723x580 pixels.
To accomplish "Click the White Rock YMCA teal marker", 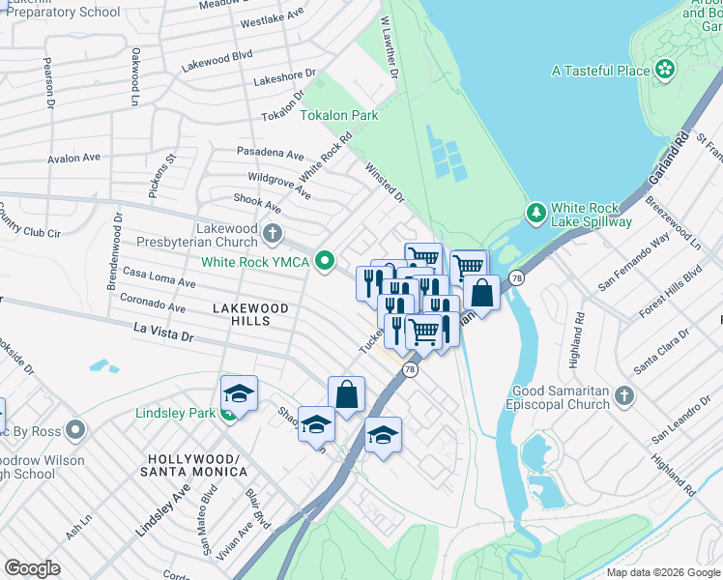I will pyautogui.click(x=326, y=261).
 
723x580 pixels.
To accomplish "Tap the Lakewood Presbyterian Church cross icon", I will pyautogui.click(x=274, y=233).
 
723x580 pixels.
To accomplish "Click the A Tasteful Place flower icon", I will pyautogui.click(x=664, y=70).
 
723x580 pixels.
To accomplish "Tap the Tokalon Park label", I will pyautogui.click(x=338, y=115).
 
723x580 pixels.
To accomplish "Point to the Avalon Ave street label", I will pyautogui.click(x=74, y=158).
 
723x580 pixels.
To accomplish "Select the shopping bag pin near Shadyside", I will pyautogui.click(x=346, y=394).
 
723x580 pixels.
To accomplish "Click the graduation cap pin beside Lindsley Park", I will pyautogui.click(x=239, y=392).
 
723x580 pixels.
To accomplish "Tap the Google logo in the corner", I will pyautogui.click(x=32, y=567).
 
